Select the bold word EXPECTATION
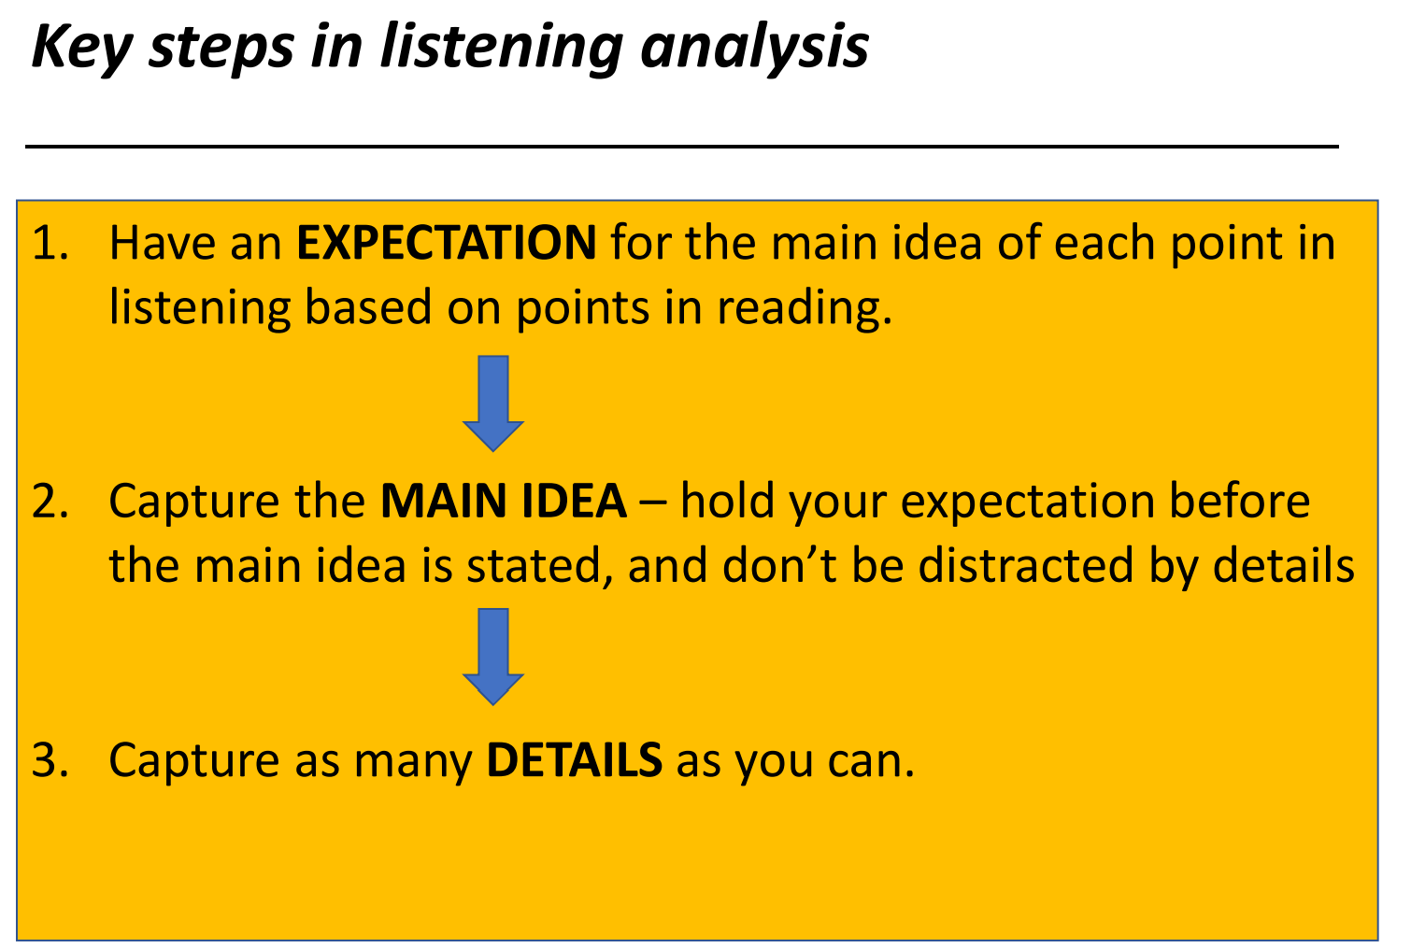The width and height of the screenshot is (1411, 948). click(x=446, y=243)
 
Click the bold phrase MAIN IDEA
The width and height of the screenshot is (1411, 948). click(x=504, y=502)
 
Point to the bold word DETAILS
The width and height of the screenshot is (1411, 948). click(x=575, y=760)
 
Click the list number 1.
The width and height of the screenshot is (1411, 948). click(x=50, y=243)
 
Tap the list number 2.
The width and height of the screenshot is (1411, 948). click(x=50, y=502)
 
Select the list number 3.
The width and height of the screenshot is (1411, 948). click(x=50, y=760)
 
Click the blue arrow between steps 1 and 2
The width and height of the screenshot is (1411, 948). click(x=493, y=403)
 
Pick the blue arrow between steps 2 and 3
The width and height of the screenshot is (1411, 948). click(x=493, y=657)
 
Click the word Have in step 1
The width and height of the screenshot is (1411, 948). click(x=164, y=243)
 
